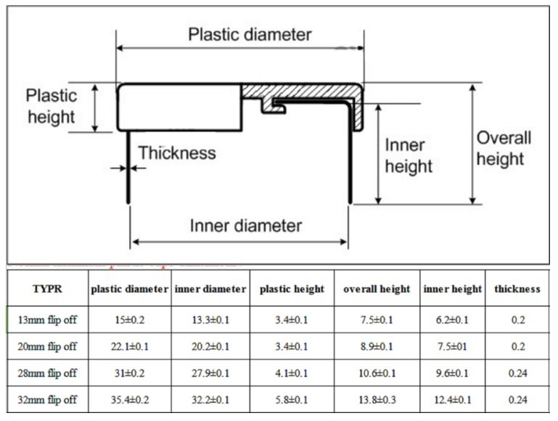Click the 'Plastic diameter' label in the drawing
click(x=249, y=34)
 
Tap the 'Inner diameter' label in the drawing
click(x=245, y=225)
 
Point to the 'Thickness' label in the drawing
click(x=177, y=153)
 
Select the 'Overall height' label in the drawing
click(x=504, y=148)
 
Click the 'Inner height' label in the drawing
click(x=408, y=155)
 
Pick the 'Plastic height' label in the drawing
click(x=51, y=106)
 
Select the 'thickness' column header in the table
click(x=517, y=289)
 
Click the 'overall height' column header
click(x=377, y=289)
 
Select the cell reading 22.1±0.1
click(x=129, y=346)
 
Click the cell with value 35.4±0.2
click(x=129, y=401)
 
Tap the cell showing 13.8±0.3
click(x=377, y=401)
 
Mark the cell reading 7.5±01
click(x=453, y=346)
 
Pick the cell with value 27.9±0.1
click(x=210, y=374)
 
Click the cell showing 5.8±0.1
click(x=292, y=401)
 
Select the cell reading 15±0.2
click(x=129, y=319)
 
